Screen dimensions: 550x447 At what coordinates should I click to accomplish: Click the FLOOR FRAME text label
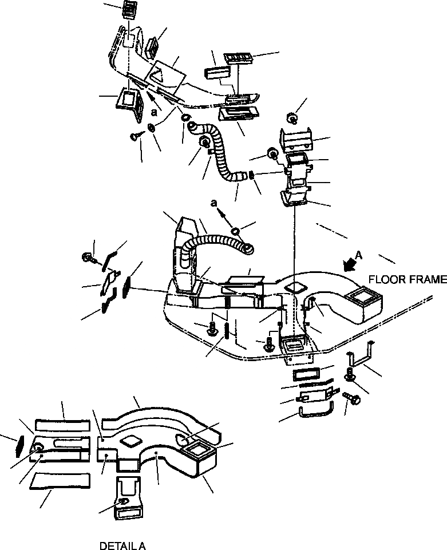click(407, 280)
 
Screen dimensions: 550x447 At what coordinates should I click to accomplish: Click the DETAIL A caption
click(122, 545)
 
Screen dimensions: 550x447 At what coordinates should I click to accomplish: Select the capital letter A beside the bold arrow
click(359, 254)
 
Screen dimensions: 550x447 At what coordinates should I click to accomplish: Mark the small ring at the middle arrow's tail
click(235, 231)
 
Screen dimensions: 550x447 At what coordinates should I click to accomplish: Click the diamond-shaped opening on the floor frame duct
click(295, 287)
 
